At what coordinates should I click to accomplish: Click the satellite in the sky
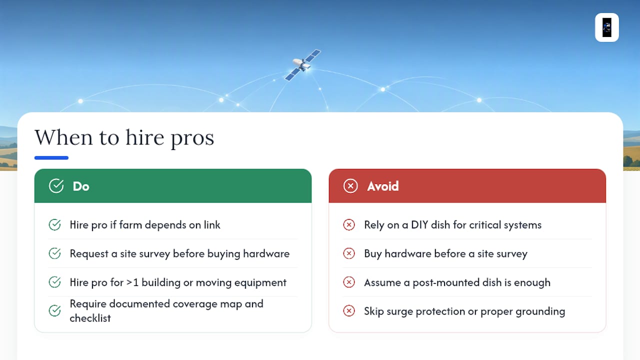pos(302,65)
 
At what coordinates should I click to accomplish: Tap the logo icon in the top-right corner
pos(607,27)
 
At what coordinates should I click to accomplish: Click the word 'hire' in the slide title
pos(145,137)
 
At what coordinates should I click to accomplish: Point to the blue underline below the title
pos(51,157)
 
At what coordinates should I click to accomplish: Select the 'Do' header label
pos(81,186)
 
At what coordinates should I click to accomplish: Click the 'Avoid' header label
pos(383,186)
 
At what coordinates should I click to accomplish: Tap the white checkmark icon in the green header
pos(56,186)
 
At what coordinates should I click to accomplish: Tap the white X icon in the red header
pos(350,186)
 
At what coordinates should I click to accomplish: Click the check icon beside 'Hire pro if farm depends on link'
pos(54,225)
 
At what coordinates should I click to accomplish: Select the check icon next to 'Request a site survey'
pos(54,253)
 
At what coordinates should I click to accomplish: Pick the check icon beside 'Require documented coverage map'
pos(54,311)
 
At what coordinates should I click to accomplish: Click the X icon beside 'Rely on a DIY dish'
pos(349,225)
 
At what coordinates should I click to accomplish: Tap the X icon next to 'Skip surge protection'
pos(349,311)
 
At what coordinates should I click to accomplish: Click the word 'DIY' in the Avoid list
pos(419,225)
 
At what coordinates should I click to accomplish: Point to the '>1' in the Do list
pos(132,282)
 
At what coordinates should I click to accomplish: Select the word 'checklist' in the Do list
pos(90,318)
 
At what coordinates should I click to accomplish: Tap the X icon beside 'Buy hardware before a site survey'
pos(349,253)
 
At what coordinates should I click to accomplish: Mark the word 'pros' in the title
pos(192,138)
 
